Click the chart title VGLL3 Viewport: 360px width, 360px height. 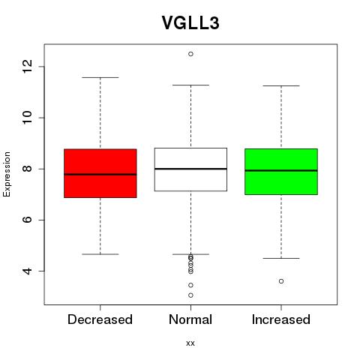click(190, 22)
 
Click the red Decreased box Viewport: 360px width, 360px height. click(100, 173)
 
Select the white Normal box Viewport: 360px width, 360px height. click(190, 169)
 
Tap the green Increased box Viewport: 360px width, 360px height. click(281, 172)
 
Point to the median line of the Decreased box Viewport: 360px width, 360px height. click(100, 175)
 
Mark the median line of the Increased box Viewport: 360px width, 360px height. click(281, 170)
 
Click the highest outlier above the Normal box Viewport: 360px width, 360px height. click(190, 54)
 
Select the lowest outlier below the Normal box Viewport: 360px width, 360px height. click(190, 295)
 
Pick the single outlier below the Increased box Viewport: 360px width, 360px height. click(281, 281)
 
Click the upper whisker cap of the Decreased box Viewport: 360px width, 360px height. click(100, 77)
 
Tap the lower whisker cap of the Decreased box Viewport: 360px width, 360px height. click(100, 254)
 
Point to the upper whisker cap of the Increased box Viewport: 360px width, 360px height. click(281, 85)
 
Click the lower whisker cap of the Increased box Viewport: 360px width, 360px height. click(281, 258)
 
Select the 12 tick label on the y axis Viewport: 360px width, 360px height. click(28, 67)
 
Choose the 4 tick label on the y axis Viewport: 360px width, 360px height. click(28, 271)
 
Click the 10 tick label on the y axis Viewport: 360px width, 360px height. click(28, 118)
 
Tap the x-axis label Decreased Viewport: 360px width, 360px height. click(100, 319)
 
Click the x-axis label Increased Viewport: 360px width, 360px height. click(281, 319)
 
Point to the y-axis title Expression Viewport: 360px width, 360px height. click(7, 174)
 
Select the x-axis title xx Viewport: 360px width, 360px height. click(190, 343)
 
